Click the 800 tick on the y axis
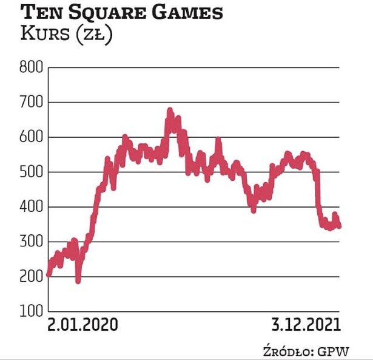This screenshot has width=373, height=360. click(32, 67)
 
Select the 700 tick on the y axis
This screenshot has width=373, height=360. click(32, 103)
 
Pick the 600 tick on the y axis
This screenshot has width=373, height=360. click(32, 138)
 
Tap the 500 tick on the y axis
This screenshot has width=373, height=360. click(32, 172)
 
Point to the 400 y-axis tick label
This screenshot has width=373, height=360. click(32, 208)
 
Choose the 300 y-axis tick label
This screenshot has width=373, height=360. click(32, 242)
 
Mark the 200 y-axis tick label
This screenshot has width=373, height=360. click(32, 277)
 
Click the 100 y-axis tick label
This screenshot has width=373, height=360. click(32, 311)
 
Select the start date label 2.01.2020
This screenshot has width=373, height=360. click(83, 325)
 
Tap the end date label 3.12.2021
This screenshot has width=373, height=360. click(304, 325)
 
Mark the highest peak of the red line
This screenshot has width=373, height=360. click(170, 110)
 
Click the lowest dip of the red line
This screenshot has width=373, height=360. click(78, 280)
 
